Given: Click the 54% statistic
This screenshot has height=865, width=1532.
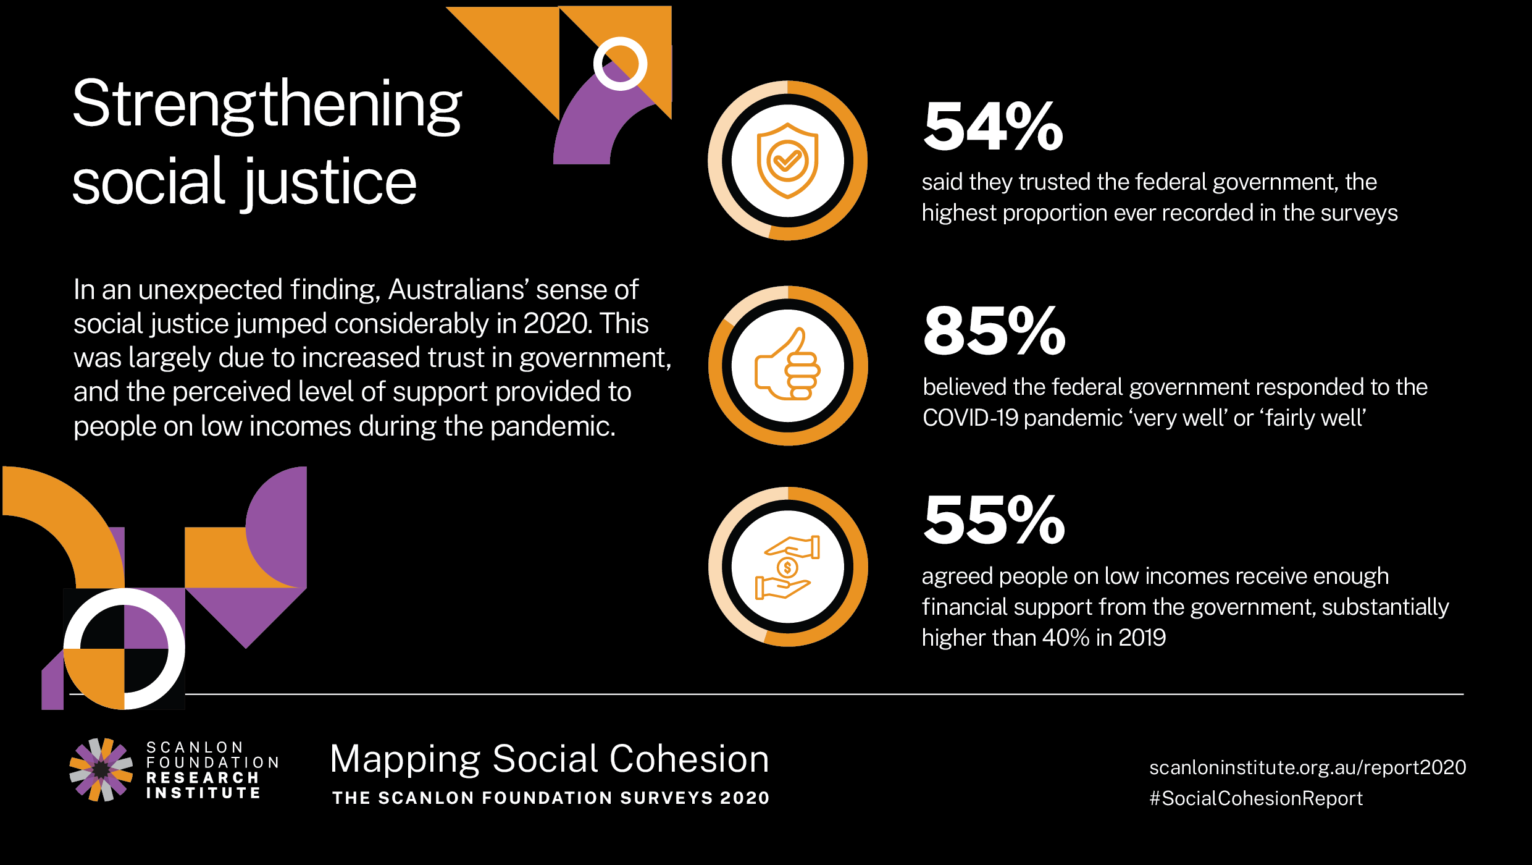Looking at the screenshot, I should (x=993, y=127).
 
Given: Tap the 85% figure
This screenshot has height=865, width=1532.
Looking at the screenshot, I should (x=994, y=332).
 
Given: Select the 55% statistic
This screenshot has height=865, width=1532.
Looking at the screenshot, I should (x=994, y=520).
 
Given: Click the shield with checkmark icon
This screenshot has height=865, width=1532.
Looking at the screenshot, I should (x=787, y=161).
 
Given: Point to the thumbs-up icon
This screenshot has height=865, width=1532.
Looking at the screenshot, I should (x=787, y=365).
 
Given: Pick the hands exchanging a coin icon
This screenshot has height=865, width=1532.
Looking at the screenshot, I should (x=787, y=567).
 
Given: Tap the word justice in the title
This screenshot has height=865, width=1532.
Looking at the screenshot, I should (x=330, y=182).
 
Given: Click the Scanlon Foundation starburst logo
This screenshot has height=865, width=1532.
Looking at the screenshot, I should (x=101, y=770).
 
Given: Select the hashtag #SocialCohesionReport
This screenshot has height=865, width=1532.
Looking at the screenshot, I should (x=1255, y=798).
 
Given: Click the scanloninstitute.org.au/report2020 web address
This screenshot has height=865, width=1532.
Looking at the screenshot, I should (x=1307, y=767).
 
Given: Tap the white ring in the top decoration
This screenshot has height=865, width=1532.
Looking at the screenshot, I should (x=620, y=64).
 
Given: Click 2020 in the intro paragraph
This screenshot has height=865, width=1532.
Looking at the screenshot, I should (x=555, y=324).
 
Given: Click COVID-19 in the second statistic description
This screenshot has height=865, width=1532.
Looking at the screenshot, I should (x=970, y=418).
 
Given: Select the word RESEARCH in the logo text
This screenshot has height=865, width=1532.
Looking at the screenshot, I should (x=203, y=778).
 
